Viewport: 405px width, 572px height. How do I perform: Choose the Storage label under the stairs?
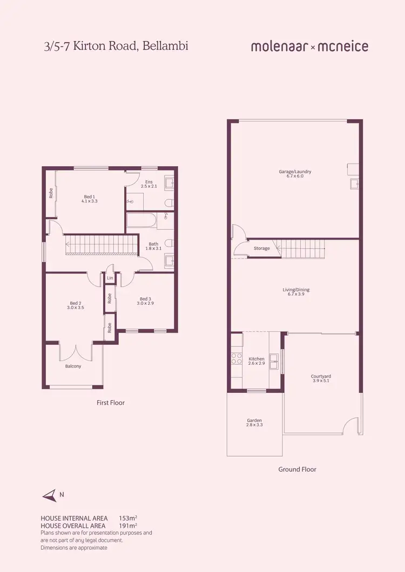click(261, 248)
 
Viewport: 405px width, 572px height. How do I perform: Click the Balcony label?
click(73, 366)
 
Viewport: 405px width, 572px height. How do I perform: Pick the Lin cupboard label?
click(110, 278)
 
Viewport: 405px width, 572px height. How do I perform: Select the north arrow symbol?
click(50, 494)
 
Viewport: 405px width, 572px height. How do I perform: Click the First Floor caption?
click(110, 403)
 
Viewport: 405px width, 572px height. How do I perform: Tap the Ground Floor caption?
click(297, 469)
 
